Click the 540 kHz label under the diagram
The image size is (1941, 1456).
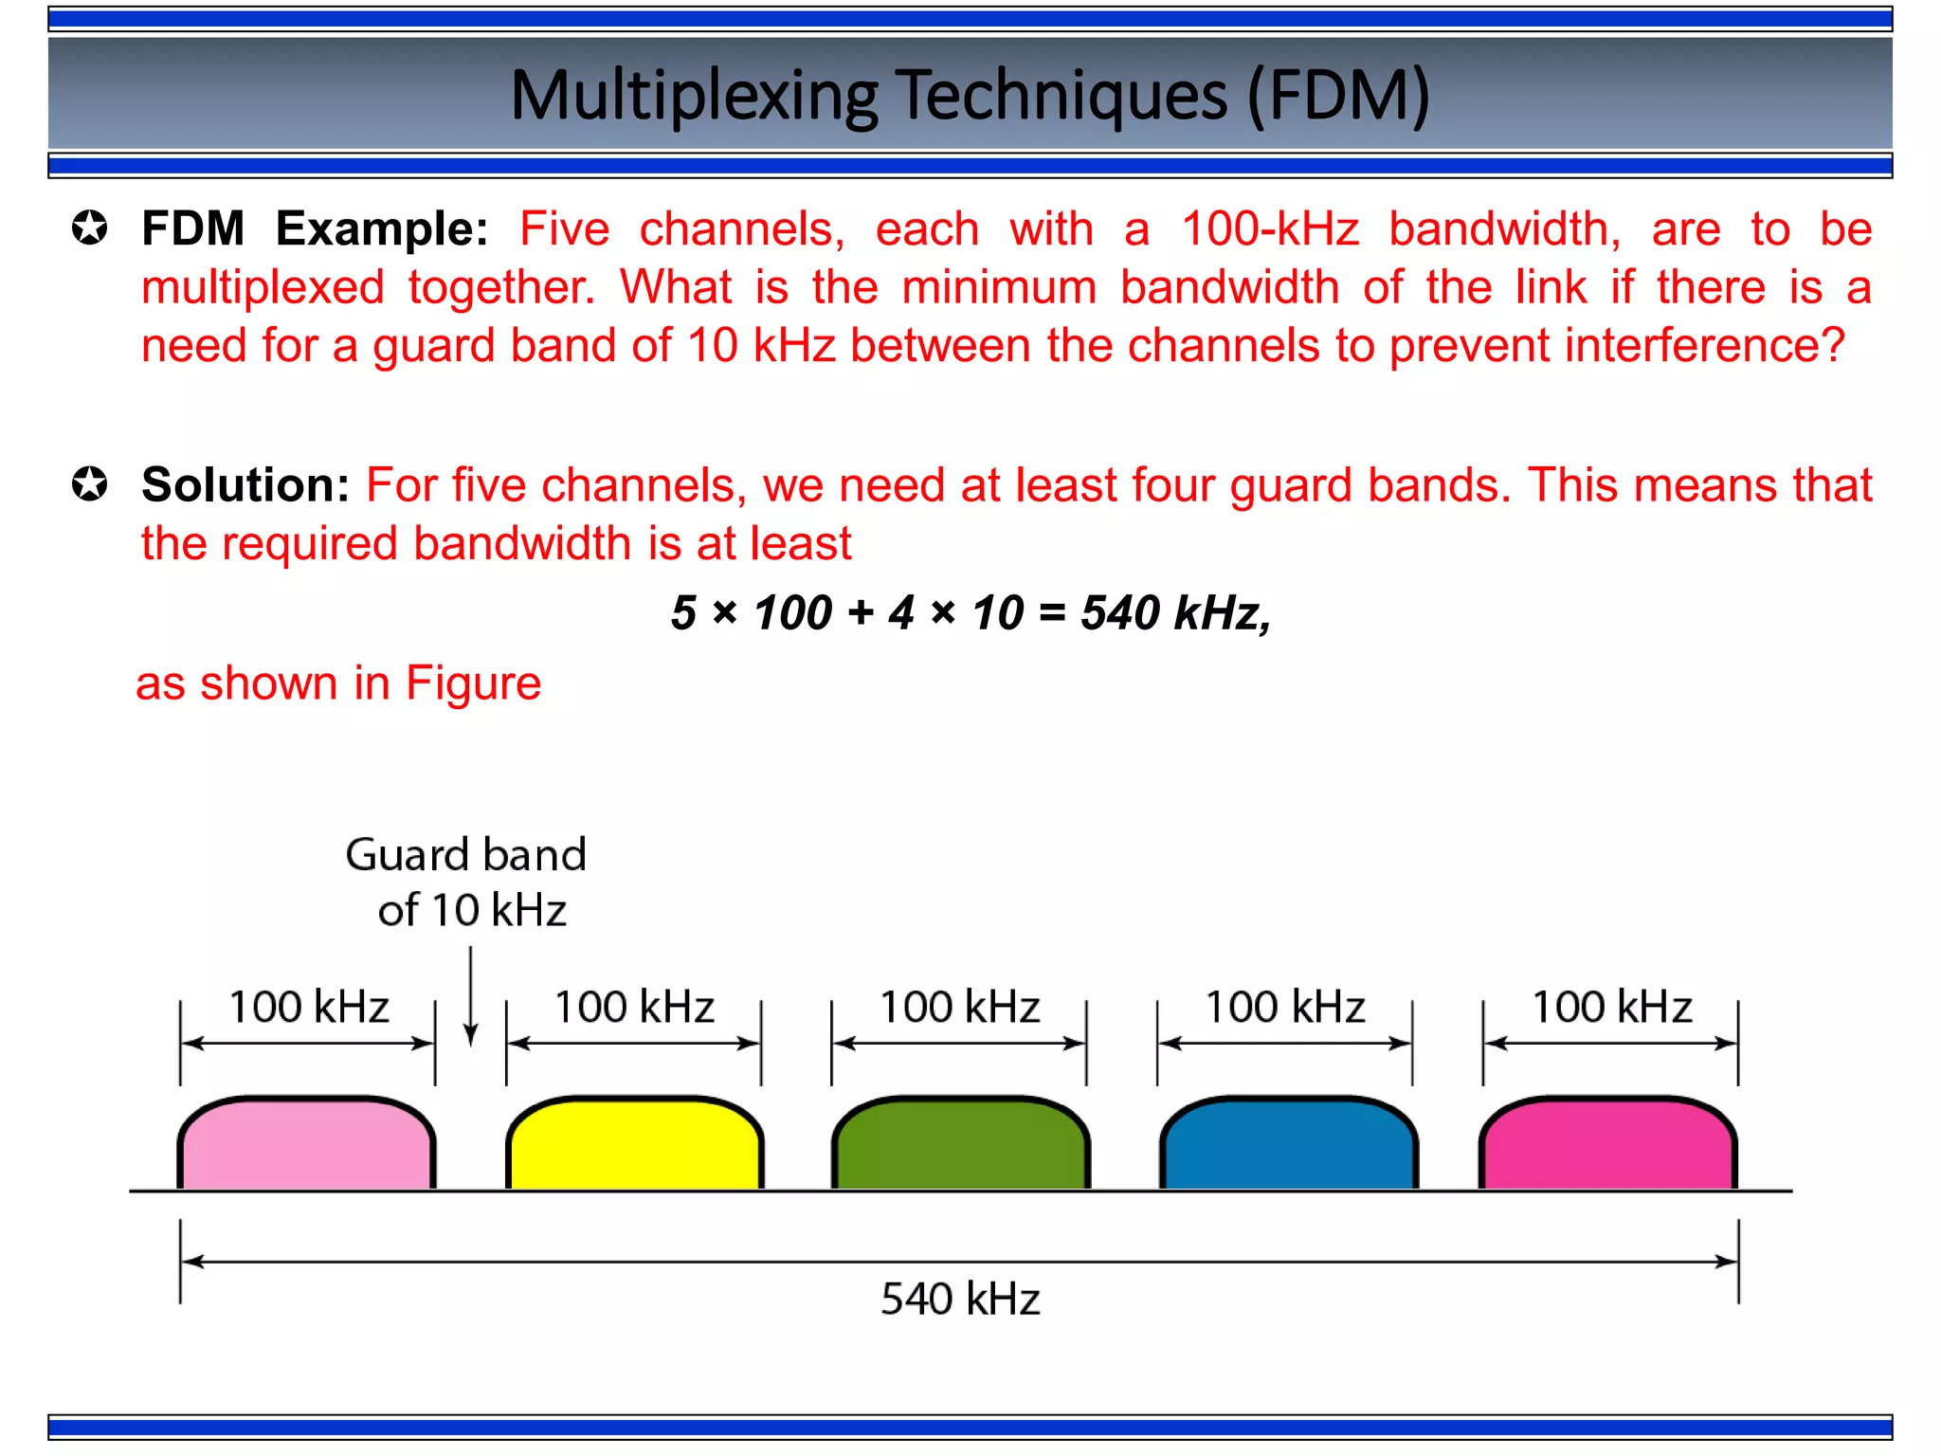coord(960,1299)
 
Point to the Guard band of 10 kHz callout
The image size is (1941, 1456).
coord(467,883)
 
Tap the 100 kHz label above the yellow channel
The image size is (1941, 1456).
coord(634,1007)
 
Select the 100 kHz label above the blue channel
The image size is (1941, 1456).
coord(1285,1007)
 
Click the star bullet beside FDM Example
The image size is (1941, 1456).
coord(90,228)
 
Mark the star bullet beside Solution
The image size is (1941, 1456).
coord(90,484)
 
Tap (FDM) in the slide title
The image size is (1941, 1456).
coord(1337,96)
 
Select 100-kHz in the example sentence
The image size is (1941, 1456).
coord(1270,229)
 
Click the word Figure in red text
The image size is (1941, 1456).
coord(473,683)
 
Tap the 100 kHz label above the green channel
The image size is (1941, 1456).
coord(960,1007)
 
